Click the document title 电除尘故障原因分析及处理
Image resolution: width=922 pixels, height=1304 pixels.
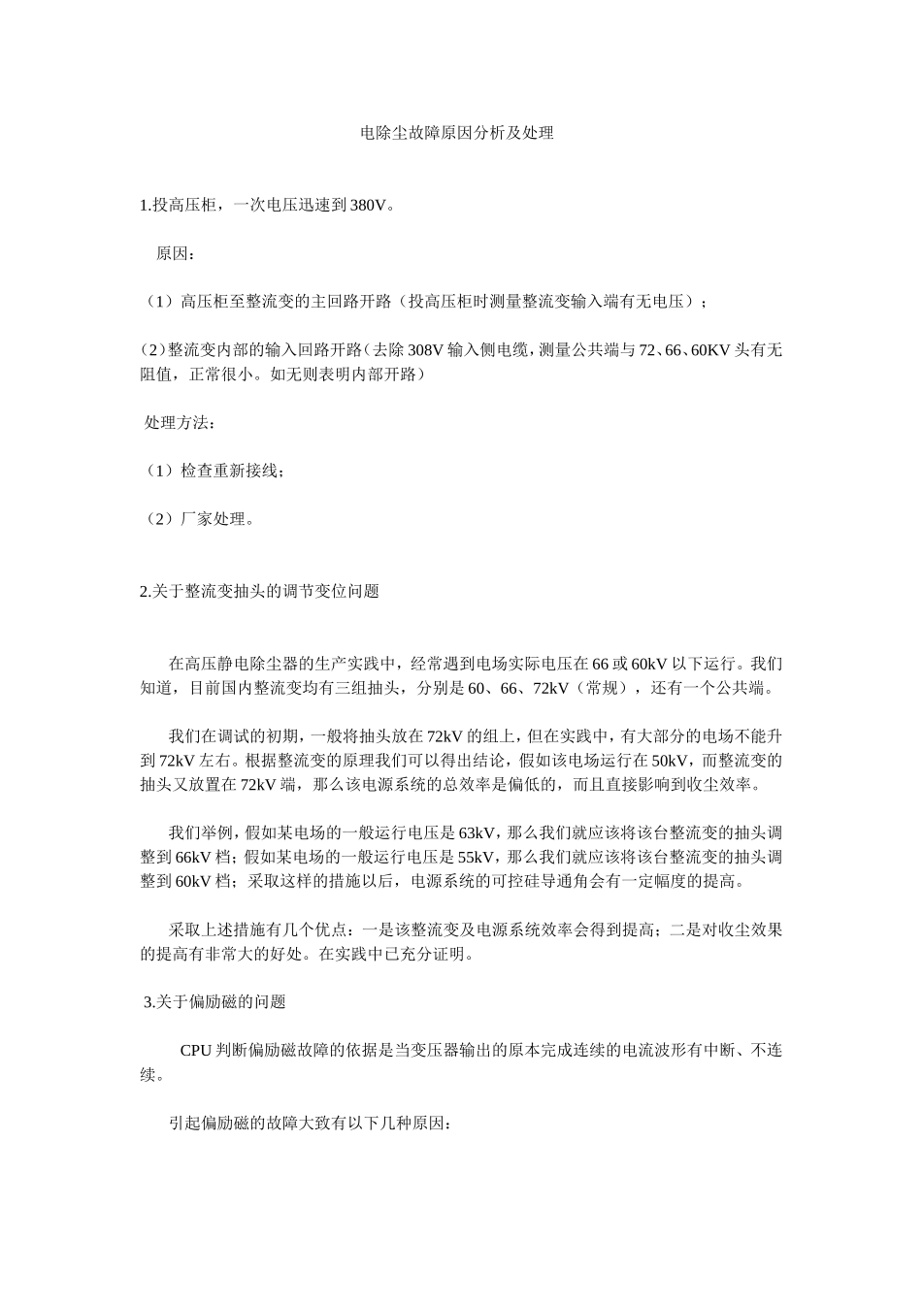(456, 133)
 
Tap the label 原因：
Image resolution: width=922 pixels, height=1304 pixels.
(175, 254)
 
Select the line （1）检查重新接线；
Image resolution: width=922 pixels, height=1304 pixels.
(214, 471)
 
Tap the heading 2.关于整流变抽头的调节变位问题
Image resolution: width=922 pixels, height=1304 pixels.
(259, 591)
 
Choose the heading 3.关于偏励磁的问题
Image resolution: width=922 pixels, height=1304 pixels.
(214, 1001)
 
